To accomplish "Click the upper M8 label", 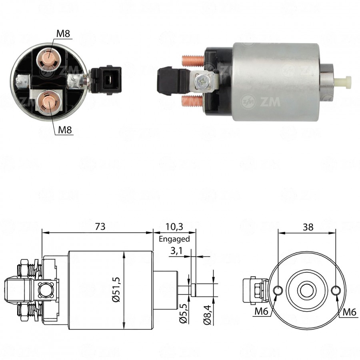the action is click(x=63, y=34).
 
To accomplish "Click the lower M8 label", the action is click(x=65, y=130).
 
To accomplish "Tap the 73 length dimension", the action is click(x=100, y=227).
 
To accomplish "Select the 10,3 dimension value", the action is click(x=174, y=227).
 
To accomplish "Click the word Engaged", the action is click(x=174, y=239).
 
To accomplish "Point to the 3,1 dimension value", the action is click(x=176, y=251).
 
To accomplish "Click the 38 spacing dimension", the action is click(x=308, y=227).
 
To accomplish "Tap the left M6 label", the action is click(x=262, y=311).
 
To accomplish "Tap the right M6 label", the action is click(x=350, y=312).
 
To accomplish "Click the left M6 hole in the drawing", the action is click(x=278, y=290).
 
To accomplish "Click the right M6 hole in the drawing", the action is click(x=336, y=290).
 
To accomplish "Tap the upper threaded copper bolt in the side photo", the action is click(x=193, y=61).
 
